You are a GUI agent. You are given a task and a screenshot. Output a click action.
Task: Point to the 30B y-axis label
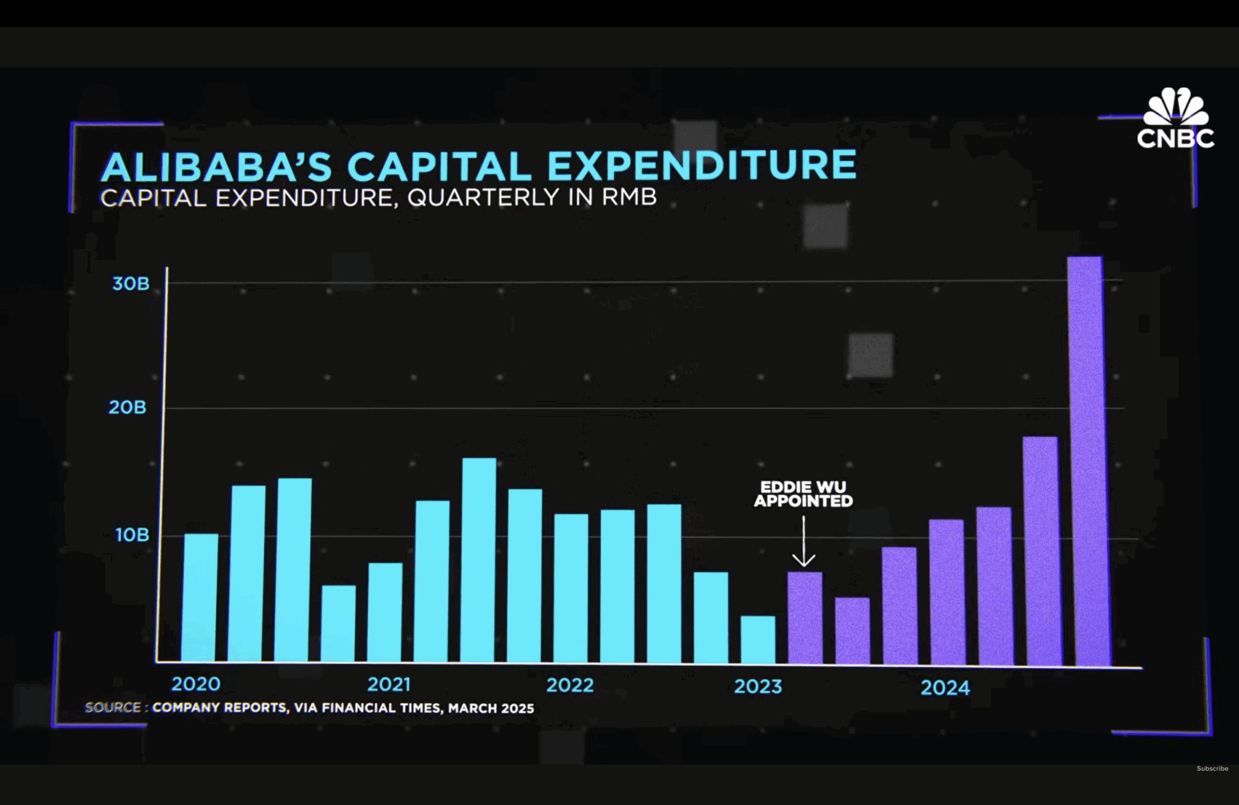coord(131,284)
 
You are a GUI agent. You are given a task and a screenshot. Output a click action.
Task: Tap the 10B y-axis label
coord(132,535)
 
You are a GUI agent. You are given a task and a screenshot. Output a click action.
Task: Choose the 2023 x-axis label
coord(758,687)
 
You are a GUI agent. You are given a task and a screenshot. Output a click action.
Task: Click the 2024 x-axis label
coord(945,688)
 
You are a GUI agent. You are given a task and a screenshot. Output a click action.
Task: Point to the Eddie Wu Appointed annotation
coord(803,494)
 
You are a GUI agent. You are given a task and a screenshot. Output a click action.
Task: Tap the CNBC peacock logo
coord(1176,109)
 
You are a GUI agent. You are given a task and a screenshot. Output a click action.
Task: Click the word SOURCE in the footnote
coord(113,708)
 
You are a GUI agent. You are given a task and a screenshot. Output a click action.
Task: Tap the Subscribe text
coord(1212,769)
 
